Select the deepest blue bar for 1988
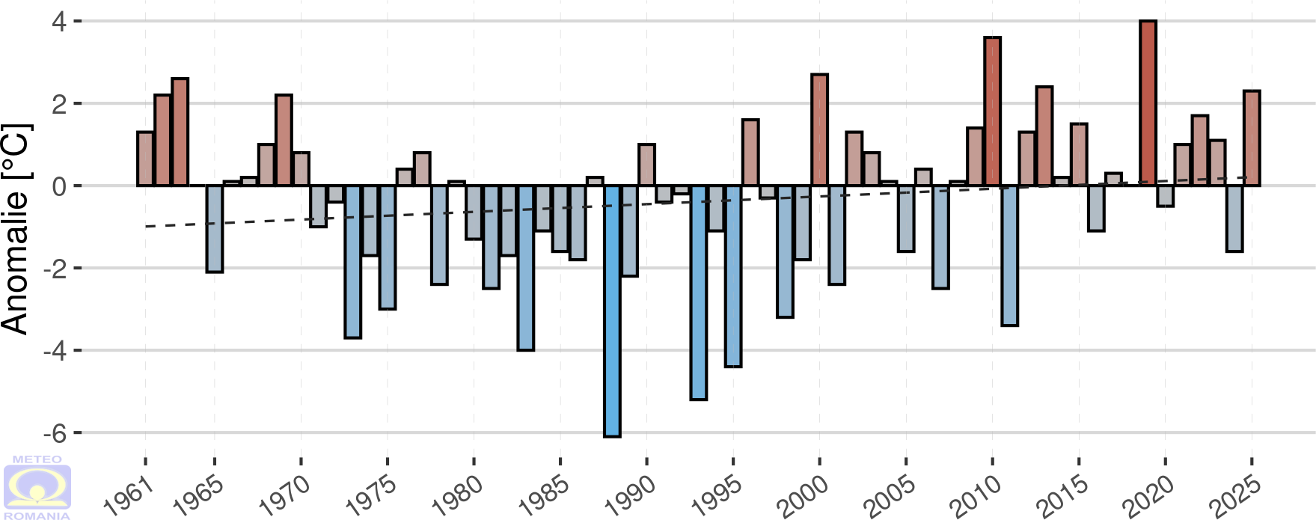[x=612, y=311]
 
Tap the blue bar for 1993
[x=699, y=292]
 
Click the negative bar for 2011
[x=1009, y=255]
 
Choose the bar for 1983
[x=526, y=267]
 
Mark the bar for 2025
[x=1252, y=138]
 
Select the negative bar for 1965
[x=215, y=228]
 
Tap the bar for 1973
[x=353, y=261]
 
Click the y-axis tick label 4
[x=59, y=21]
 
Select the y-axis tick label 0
[x=59, y=186]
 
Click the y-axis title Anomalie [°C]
[x=16, y=228]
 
